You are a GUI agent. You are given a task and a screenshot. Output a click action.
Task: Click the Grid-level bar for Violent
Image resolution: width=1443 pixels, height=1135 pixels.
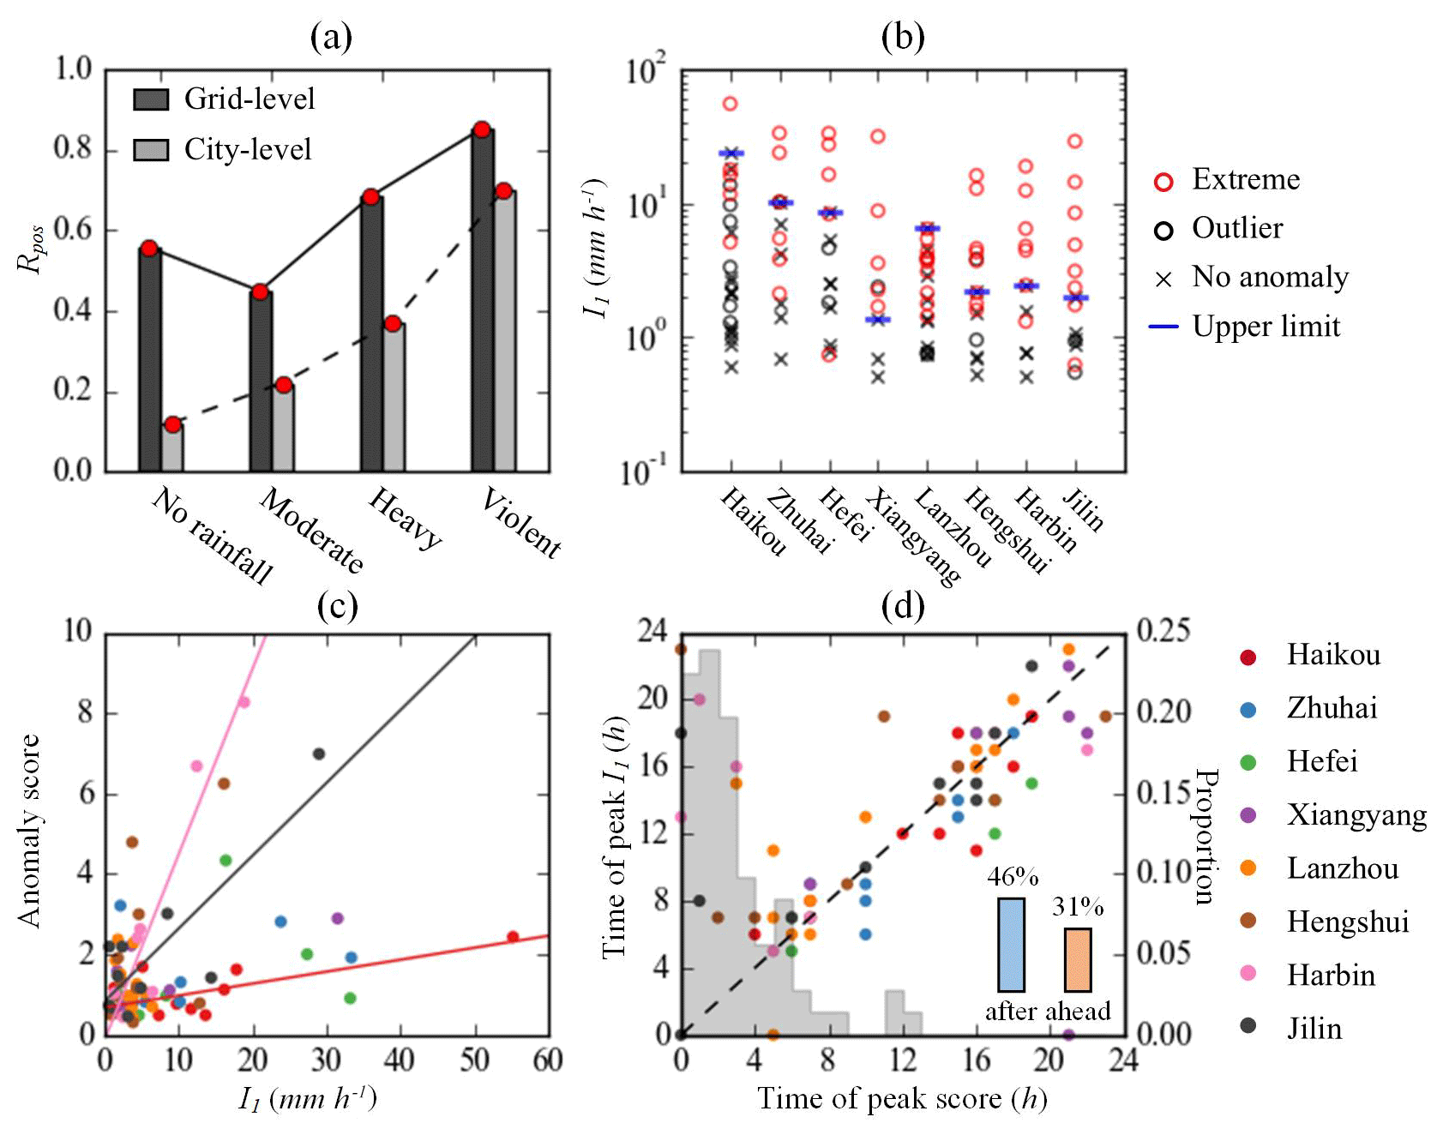[x=482, y=300]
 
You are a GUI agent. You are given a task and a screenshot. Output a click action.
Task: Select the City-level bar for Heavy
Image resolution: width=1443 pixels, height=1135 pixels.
[x=394, y=397]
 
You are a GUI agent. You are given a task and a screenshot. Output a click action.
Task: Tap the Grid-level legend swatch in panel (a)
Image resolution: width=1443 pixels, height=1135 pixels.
[x=151, y=99]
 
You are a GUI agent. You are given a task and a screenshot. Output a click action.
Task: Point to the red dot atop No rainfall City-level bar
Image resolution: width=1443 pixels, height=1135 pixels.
[x=173, y=424]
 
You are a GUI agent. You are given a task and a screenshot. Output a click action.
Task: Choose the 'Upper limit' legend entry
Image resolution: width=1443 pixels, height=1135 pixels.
[x=1266, y=327]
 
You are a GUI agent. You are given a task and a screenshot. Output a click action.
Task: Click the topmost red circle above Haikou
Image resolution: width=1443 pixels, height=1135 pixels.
[x=731, y=104]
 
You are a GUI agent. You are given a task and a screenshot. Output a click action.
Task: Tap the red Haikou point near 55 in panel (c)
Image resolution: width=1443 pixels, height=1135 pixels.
[x=513, y=936]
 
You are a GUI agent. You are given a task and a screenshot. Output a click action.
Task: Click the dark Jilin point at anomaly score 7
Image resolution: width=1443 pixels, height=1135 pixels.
[x=319, y=754]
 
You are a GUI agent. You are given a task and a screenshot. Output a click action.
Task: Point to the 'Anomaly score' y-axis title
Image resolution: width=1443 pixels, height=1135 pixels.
[x=30, y=831]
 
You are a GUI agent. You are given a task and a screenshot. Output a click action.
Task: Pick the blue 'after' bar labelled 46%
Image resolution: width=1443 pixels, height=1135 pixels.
[x=1011, y=945]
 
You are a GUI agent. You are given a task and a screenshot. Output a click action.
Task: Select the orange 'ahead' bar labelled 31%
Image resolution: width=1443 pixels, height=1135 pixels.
[x=1078, y=960]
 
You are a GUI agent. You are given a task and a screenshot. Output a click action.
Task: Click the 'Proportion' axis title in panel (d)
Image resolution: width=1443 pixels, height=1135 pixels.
[x=1206, y=836]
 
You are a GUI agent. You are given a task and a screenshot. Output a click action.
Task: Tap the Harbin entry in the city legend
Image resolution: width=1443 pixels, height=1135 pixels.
[x=1331, y=975]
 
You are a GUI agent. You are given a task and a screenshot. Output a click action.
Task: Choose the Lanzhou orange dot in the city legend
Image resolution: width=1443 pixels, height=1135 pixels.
[x=1248, y=868]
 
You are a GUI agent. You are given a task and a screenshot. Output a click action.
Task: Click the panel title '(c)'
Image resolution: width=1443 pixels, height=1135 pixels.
[x=337, y=606]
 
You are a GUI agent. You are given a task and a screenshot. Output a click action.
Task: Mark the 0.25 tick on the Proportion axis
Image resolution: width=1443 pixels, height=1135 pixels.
[x=1163, y=630]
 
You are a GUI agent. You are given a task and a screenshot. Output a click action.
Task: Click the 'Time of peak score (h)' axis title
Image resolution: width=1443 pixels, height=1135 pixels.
[x=902, y=1099]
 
